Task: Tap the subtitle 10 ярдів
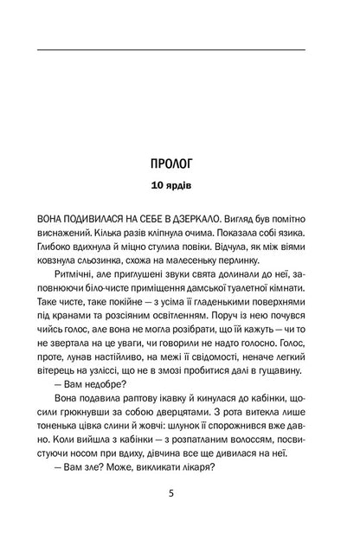(179, 186)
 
